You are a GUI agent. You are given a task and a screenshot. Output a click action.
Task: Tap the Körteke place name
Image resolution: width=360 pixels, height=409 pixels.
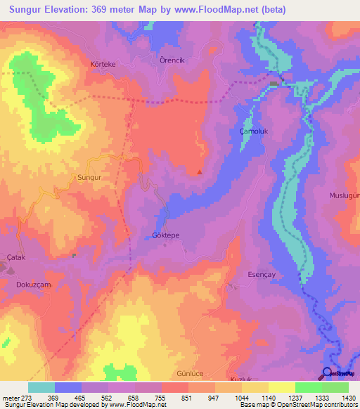pos(103,63)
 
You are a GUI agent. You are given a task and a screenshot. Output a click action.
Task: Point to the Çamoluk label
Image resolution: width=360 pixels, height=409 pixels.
pos(254,131)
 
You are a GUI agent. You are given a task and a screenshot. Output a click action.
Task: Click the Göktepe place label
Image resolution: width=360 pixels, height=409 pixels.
pos(166,236)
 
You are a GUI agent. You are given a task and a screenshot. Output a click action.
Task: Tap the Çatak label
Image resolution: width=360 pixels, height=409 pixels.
pos(15,258)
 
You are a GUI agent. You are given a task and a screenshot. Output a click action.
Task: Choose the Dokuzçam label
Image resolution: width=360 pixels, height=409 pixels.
pos(32,285)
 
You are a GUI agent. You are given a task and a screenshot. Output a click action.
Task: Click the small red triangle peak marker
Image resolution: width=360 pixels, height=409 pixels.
pos(200,171)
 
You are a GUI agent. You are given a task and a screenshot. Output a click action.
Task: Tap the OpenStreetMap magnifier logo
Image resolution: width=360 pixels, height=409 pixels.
pos(326,375)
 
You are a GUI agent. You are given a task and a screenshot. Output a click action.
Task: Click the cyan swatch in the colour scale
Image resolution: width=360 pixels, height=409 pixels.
pos(41,387)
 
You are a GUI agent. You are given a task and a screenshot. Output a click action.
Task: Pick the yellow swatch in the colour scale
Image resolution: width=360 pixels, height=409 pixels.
pos(281,387)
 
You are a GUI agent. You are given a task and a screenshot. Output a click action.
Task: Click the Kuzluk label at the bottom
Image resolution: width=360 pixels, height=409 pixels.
pos(241,379)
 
